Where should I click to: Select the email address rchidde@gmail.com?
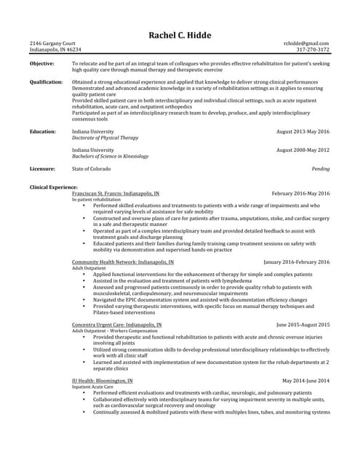click(x=306, y=44)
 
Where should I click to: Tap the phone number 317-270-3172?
click(x=313, y=50)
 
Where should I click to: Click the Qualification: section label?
click(x=47, y=83)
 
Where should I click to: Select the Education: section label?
click(x=43, y=132)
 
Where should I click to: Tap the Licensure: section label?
click(x=43, y=169)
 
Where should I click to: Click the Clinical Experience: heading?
click(x=54, y=187)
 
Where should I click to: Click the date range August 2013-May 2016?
click(x=303, y=132)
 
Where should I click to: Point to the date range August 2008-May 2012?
click(x=303, y=150)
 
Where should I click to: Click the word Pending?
click(x=321, y=169)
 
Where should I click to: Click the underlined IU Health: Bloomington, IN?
click(x=103, y=380)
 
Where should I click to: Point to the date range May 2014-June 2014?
click(x=305, y=380)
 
